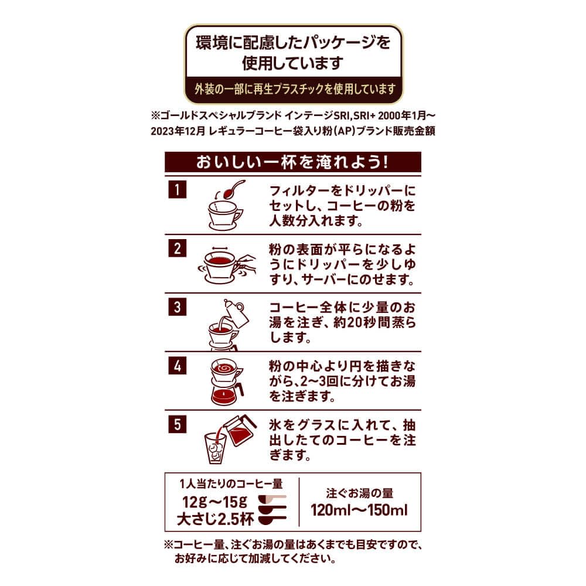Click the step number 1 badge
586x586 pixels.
tap(177, 189)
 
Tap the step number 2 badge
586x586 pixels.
tap(177, 248)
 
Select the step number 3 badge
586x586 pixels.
tap(177, 307)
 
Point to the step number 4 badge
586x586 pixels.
tap(177, 366)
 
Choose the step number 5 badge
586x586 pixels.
tap(177, 424)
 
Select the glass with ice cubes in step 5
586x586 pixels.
tap(216, 448)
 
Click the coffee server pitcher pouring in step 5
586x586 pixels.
tap(240, 430)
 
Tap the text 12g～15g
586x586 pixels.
tap(214, 502)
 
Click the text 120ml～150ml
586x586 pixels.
tap(359, 510)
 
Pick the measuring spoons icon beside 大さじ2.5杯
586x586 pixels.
tap(272, 509)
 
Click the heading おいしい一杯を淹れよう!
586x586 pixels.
tap(292, 162)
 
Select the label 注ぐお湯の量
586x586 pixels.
tap(360, 493)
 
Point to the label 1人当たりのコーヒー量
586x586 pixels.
tap(231, 483)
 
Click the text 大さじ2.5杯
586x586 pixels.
tap(215, 519)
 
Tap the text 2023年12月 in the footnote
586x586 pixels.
tap(178, 131)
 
